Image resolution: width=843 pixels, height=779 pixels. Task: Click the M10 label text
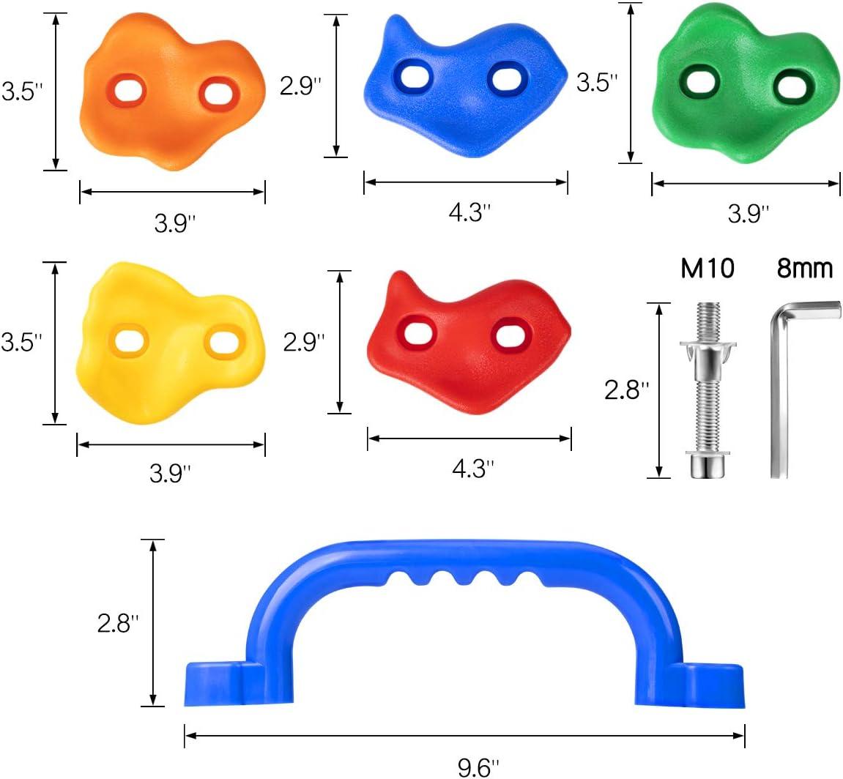point(707,269)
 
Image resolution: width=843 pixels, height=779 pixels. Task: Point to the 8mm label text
point(804,269)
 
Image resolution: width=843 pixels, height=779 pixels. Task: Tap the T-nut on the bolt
point(708,351)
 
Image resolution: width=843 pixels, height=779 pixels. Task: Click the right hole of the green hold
point(794,85)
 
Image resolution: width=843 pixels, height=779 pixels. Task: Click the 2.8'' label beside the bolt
point(627,390)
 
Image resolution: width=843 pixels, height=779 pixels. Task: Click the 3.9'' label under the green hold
point(749,213)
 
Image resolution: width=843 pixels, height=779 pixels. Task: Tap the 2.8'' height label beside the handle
point(118,623)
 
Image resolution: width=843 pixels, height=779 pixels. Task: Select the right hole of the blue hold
point(508,78)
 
